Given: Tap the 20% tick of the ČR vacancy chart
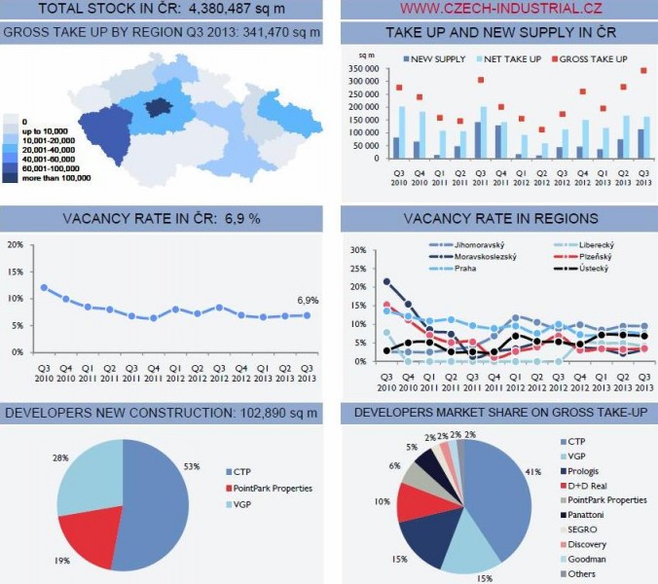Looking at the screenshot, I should (x=15, y=244).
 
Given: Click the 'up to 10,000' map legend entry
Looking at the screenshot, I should (x=46, y=130).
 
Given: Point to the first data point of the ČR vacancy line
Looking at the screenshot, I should (x=44, y=288).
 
